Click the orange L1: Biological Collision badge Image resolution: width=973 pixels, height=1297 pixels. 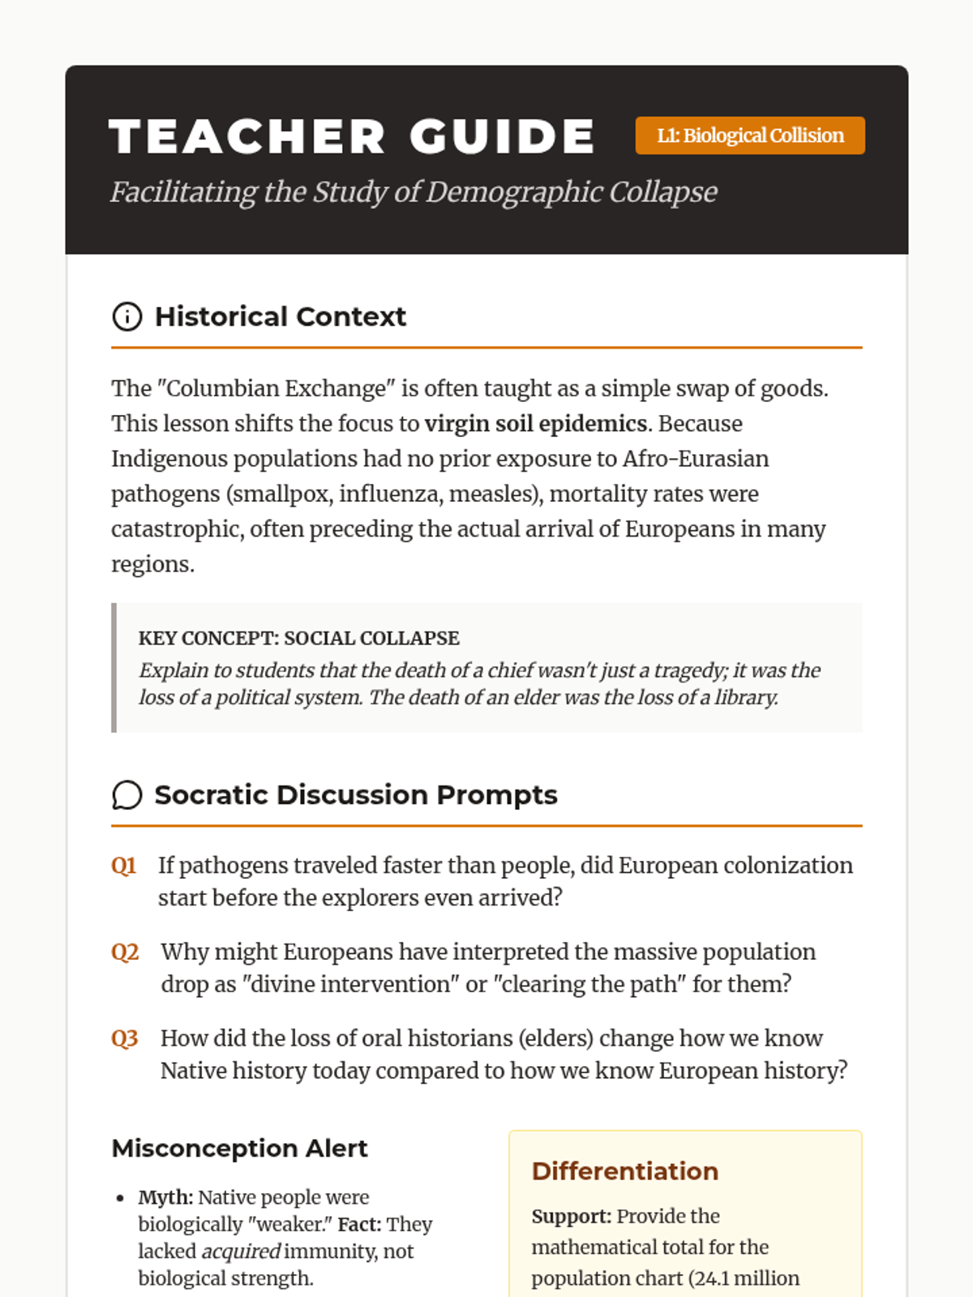coord(750,135)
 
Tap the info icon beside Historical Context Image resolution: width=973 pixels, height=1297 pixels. coord(126,316)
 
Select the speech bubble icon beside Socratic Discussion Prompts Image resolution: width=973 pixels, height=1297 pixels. coord(126,795)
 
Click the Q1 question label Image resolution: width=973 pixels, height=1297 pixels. coord(123,866)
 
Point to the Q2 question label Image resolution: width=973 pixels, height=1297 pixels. coord(125,952)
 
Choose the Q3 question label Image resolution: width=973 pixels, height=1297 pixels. coord(125,1038)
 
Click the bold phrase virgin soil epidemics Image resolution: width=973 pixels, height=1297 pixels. coord(536,424)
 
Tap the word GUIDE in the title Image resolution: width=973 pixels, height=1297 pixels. coord(503,136)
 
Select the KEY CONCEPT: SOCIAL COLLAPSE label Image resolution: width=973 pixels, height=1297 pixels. coord(298,638)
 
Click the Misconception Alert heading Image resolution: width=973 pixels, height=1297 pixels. coord(239,1148)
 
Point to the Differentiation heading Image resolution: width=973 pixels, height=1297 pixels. coord(624,1171)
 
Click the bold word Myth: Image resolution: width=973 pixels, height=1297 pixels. coord(165,1197)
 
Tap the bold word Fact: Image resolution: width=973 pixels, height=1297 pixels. coord(359,1224)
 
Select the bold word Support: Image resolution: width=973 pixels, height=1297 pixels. coord(571,1216)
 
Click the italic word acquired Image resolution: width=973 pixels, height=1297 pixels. coord(241,1252)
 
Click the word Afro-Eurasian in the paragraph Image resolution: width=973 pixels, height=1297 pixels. coord(695,459)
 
